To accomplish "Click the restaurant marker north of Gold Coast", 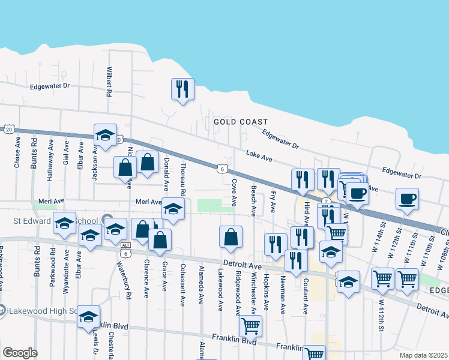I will pyautogui.click(x=181, y=89).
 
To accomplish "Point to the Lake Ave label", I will pyautogui.click(x=259, y=157).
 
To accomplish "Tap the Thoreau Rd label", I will pyautogui.click(x=182, y=182).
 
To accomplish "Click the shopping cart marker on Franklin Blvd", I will pyautogui.click(x=250, y=326).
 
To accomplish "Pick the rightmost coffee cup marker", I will pyautogui.click(x=407, y=199).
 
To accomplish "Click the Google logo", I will pyautogui.click(x=20, y=353).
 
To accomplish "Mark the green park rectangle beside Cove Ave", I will pyautogui.click(x=216, y=205).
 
